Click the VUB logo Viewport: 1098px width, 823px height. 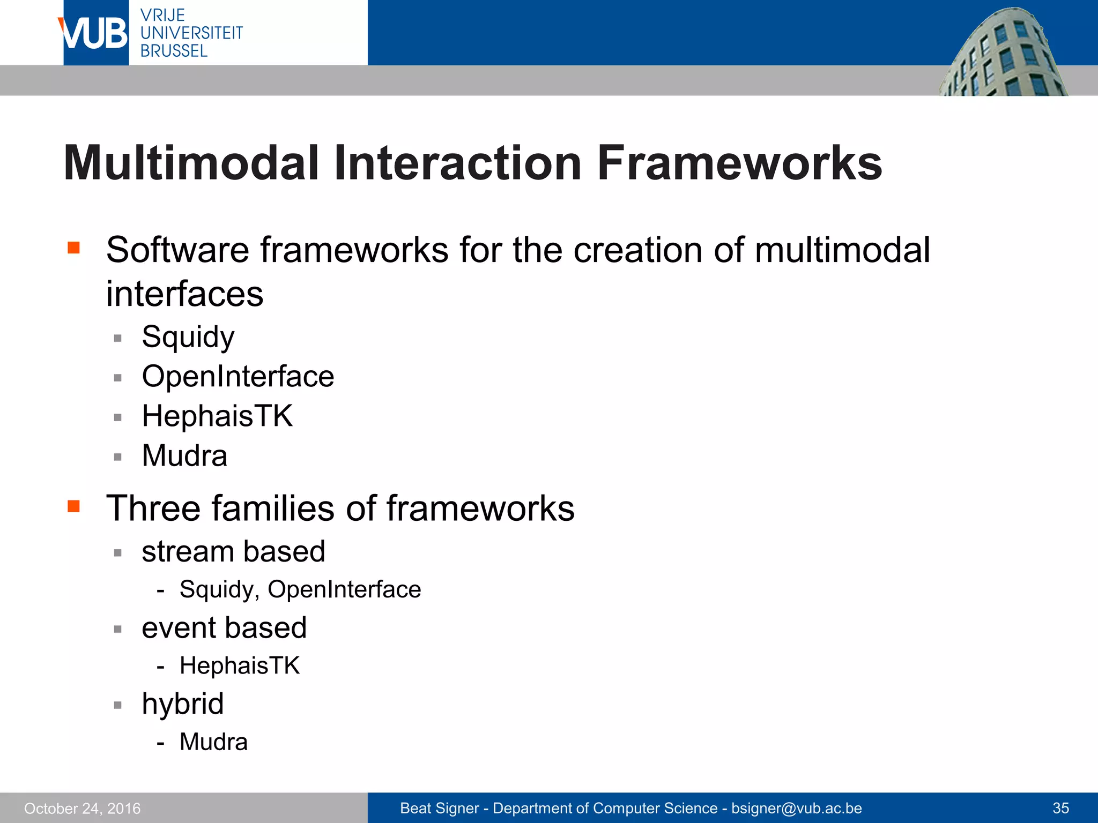[95, 33]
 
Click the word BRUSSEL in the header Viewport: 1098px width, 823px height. [174, 51]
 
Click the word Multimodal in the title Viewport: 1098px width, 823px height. [191, 163]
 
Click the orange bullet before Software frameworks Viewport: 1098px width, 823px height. [73, 248]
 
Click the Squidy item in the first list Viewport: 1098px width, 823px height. [188, 337]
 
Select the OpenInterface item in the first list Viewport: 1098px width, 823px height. [238, 376]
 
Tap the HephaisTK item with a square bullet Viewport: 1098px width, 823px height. [217, 416]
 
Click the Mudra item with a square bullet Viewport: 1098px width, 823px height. [184, 455]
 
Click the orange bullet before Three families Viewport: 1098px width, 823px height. [73, 506]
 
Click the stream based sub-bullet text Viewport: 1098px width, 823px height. [233, 551]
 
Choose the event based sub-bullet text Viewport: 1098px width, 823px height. [224, 627]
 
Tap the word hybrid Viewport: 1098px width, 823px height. [182, 704]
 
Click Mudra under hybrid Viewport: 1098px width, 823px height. [213, 742]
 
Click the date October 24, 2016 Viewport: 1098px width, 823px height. [82, 808]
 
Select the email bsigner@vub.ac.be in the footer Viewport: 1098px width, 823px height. [796, 808]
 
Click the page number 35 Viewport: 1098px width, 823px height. [1060, 808]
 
